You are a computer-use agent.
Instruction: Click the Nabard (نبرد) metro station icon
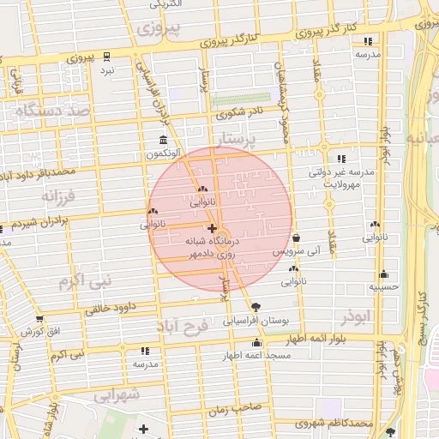(x=106, y=57)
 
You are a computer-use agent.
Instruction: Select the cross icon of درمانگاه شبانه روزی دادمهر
(x=212, y=229)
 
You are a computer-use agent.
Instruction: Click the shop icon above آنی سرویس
(x=296, y=238)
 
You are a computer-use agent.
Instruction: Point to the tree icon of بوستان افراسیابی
(x=256, y=306)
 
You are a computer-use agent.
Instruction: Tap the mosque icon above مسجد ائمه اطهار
(x=256, y=343)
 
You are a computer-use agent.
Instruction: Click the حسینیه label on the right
(x=383, y=287)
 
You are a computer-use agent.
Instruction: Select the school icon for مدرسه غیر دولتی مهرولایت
(x=341, y=159)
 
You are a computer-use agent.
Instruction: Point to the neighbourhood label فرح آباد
(x=183, y=326)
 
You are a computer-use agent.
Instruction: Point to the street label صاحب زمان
(x=230, y=411)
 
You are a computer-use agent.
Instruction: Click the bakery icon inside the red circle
(x=202, y=190)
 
